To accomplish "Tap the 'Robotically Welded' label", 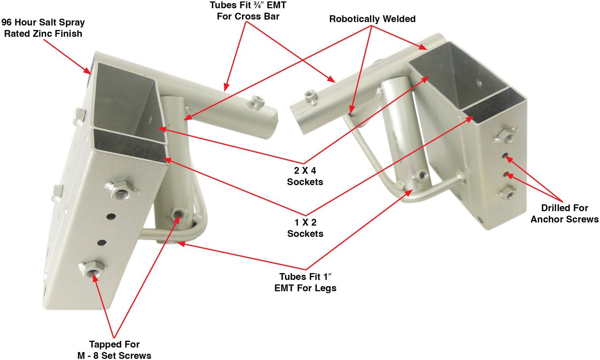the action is (372, 19).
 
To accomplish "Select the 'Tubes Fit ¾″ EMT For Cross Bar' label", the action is (248, 11).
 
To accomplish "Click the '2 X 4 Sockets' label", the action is (305, 176).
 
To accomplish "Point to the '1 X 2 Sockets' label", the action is (305, 228).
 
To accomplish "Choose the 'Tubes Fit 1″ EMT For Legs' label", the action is (305, 282).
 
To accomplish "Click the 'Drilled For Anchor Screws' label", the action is (564, 214).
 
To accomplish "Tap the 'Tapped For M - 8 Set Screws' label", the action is (114, 350).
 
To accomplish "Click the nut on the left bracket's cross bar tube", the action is (257, 102).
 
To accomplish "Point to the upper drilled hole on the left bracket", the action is (111, 216).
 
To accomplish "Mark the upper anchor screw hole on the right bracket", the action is (505, 155).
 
